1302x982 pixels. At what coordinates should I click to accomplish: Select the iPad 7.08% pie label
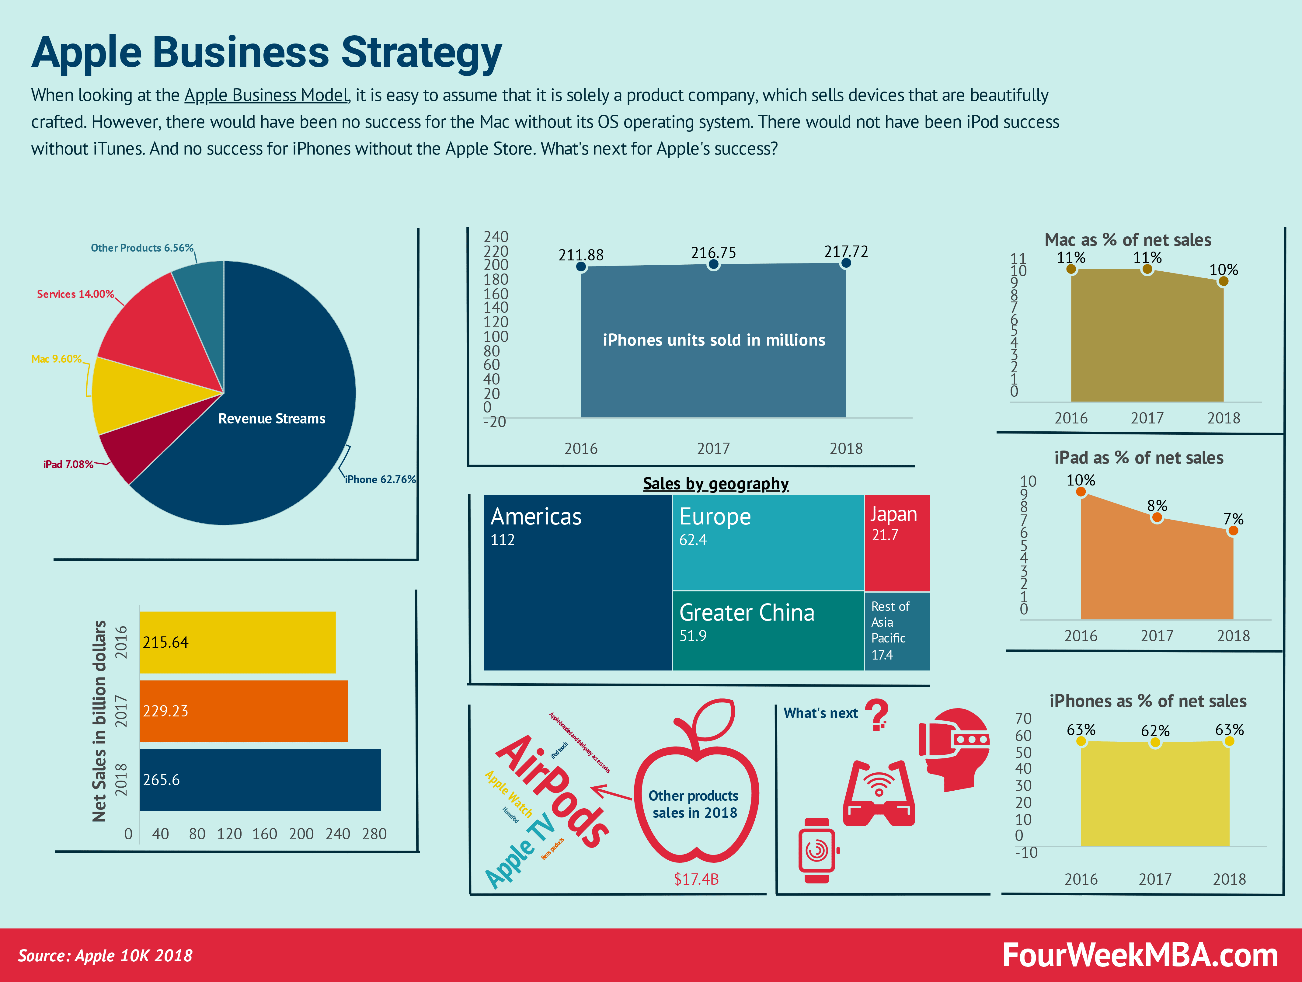68,465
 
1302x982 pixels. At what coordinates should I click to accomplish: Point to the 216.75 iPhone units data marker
713,264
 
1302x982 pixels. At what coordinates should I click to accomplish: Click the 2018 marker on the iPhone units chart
846,263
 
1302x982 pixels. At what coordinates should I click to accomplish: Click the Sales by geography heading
716,484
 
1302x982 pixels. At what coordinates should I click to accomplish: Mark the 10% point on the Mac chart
1223,281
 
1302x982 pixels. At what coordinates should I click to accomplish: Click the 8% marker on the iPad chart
1157,517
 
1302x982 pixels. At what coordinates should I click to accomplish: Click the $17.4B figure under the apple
696,879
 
